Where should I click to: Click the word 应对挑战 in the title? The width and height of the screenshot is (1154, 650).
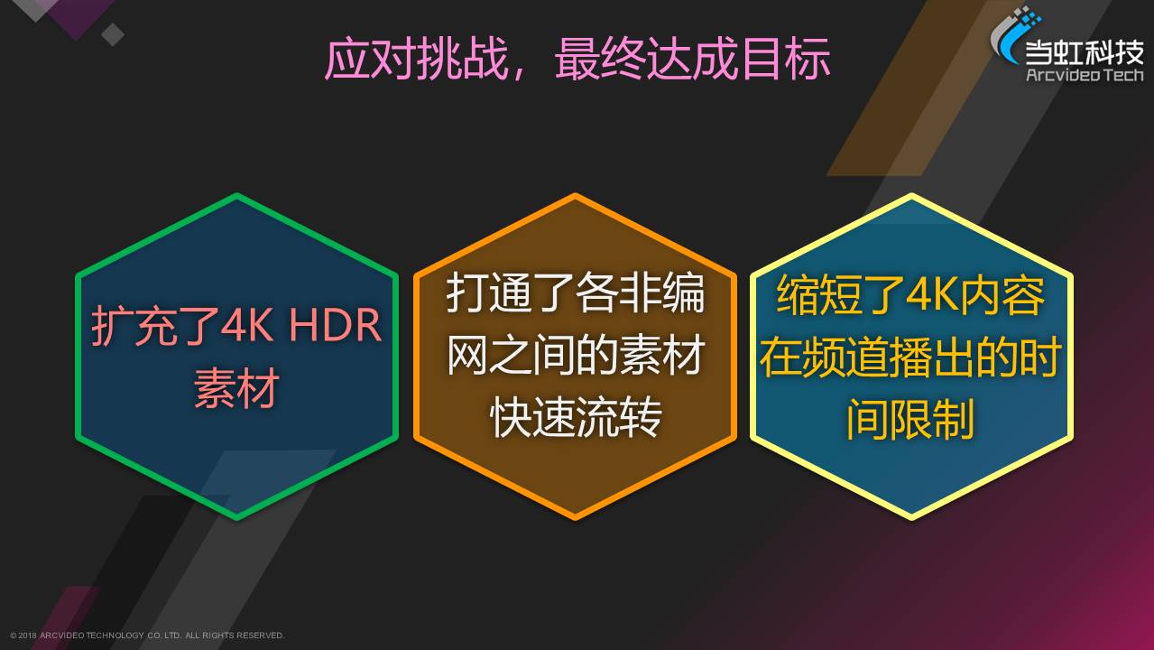416,59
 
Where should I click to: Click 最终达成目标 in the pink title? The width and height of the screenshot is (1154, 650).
692,59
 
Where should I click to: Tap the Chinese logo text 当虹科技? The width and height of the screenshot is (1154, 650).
1084,52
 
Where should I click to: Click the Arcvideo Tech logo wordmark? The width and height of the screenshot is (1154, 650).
1085,75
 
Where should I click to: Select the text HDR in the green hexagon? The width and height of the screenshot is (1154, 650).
335,325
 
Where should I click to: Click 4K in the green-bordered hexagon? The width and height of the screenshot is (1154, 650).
247,325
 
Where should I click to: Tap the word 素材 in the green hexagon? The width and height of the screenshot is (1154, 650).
236,388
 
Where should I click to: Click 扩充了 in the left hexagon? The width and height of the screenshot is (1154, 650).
156,325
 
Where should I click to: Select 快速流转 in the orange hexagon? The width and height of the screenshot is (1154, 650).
576,417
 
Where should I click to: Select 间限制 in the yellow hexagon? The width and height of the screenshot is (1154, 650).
909,419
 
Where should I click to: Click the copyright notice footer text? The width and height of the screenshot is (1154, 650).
147,636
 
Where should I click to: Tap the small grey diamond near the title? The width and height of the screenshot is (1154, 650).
112,34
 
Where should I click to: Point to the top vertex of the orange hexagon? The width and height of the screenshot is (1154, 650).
575,195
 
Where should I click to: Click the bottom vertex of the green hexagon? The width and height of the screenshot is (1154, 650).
237,518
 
